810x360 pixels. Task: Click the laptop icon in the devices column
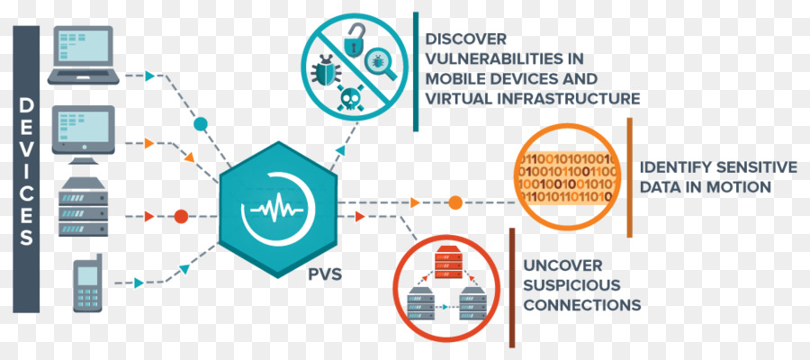click(x=83, y=55)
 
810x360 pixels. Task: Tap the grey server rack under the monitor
click(x=83, y=207)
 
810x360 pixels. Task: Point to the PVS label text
click(x=325, y=274)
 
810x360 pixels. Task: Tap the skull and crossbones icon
click(x=350, y=97)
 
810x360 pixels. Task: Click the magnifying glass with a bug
click(x=380, y=64)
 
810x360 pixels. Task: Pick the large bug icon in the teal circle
click(x=326, y=71)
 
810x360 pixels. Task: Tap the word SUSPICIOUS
click(x=571, y=285)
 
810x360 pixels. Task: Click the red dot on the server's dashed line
click(x=181, y=216)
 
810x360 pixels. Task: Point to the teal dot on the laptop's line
click(x=201, y=124)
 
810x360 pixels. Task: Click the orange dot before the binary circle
click(x=455, y=202)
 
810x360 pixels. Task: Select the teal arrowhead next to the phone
click(x=139, y=283)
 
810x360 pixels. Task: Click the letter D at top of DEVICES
click(x=26, y=106)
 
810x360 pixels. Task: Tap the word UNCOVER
click(x=562, y=266)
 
